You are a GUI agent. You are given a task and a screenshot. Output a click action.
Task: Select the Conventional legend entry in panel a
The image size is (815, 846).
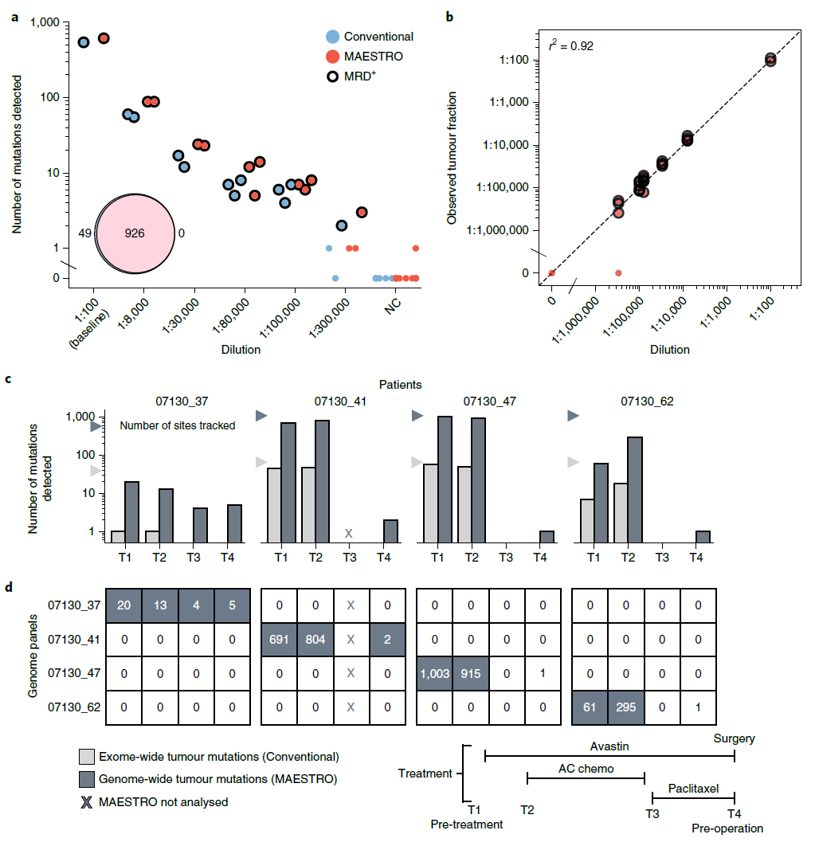(x=378, y=36)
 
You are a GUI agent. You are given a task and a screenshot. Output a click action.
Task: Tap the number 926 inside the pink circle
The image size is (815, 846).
(x=135, y=233)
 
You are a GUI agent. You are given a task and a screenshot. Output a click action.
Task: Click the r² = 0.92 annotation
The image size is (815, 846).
(x=571, y=46)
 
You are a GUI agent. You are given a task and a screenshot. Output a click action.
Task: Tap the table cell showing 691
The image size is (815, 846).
(x=281, y=639)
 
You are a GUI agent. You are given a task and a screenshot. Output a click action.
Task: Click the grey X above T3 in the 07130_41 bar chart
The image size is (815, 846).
(x=347, y=533)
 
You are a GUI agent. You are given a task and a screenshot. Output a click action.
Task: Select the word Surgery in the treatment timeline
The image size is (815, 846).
(x=735, y=738)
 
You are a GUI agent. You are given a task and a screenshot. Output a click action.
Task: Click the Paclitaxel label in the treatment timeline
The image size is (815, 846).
(x=693, y=788)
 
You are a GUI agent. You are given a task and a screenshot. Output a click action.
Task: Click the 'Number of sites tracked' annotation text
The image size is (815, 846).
(x=178, y=425)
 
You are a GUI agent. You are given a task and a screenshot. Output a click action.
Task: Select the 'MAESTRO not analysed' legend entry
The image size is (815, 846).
(x=163, y=801)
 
